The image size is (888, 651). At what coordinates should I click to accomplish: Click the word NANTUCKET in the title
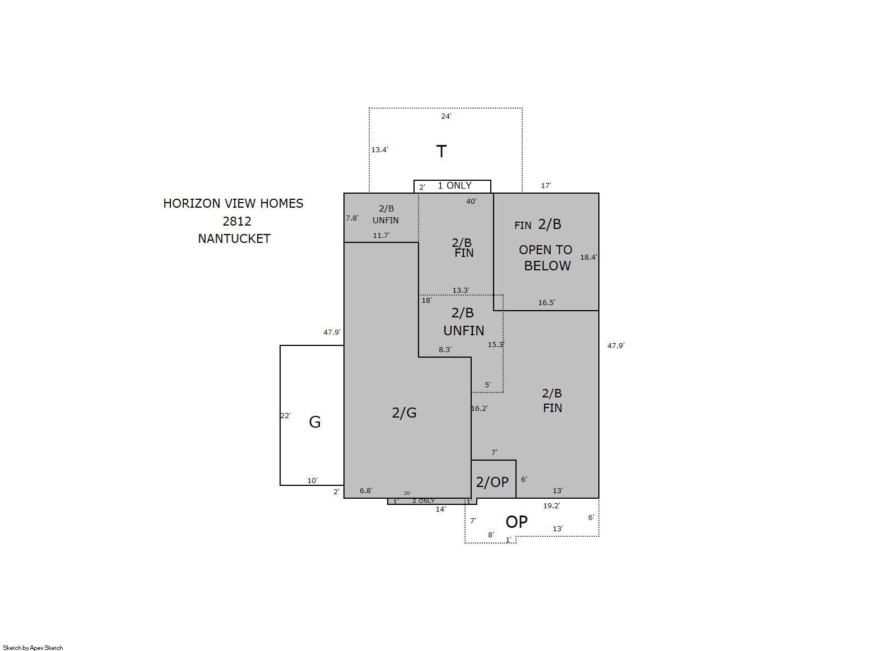(234, 239)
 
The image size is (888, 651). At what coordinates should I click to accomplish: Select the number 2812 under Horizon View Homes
(236, 221)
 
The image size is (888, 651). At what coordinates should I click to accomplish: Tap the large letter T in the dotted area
(441, 151)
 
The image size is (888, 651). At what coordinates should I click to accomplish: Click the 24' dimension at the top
(446, 116)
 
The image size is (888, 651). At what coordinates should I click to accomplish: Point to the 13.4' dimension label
(379, 149)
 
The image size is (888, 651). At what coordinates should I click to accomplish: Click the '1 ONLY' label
(454, 185)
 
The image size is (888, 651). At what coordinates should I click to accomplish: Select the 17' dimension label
(546, 185)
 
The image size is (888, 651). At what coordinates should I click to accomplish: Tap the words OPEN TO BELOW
(546, 257)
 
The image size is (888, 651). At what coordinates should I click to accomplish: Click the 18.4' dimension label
(588, 257)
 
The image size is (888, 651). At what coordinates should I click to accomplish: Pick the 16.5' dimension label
(546, 302)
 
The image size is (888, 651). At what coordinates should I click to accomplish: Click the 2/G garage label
(404, 413)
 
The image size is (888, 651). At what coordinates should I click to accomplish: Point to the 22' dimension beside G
(285, 415)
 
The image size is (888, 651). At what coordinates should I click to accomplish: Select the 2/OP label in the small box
(492, 482)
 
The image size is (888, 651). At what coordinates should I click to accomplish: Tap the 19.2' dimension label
(551, 505)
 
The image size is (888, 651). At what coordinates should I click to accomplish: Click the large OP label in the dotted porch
(517, 522)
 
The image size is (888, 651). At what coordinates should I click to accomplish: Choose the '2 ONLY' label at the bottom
(424, 500)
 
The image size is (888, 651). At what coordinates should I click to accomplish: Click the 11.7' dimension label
(381, 235)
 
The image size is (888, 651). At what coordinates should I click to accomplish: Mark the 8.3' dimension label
(445, 350)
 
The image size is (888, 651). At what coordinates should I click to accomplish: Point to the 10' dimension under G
(313, 481)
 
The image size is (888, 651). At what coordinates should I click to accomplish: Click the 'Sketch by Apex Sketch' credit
(33, 648)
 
